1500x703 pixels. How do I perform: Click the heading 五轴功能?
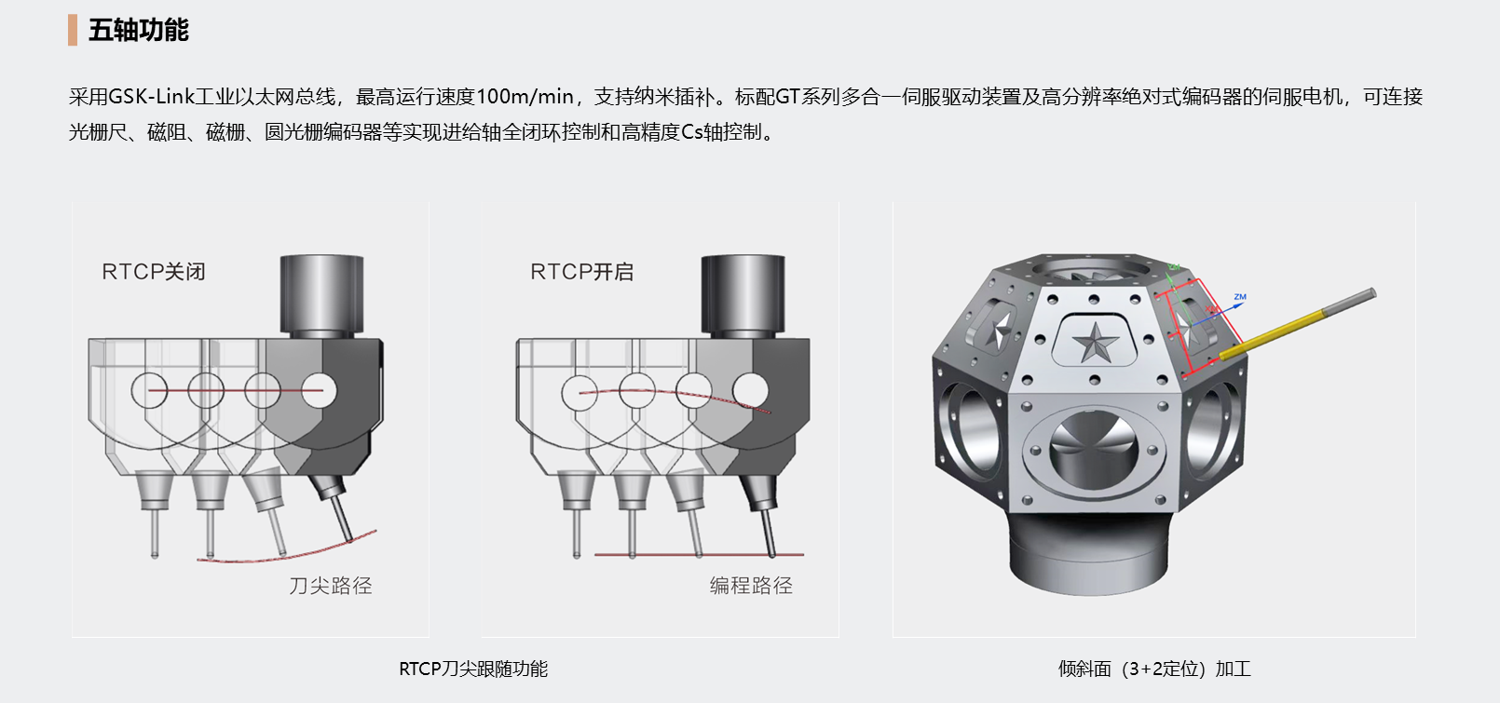tap(139, 30)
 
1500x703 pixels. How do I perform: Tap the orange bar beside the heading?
tap(73, 30)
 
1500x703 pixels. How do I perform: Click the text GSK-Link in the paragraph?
tap(151, 97)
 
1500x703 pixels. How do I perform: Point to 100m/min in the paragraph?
tap(525, 97)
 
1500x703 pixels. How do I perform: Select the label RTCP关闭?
tap(154, 272)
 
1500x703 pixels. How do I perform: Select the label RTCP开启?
tap(581, 272)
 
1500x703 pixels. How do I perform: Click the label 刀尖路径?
tap(330, 586)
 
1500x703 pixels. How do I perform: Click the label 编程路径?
tap(751, 586)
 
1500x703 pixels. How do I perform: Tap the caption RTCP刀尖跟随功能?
tap(472, 669)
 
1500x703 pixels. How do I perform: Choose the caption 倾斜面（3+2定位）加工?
tap(1153, 669)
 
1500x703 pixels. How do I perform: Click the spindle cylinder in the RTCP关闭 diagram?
tap(321, 294)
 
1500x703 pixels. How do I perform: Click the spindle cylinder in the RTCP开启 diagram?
tap(743, 294)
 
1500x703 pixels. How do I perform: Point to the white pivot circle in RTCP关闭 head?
tap(319, 390)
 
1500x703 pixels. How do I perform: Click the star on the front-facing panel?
tap(1096, 342)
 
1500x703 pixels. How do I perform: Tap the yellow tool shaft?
tap(1273, 331)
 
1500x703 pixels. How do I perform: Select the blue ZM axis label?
tap(1240, 297)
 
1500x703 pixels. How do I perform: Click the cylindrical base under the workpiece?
tap(1088, 552)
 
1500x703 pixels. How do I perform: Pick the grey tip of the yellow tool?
tap(1349, 301)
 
